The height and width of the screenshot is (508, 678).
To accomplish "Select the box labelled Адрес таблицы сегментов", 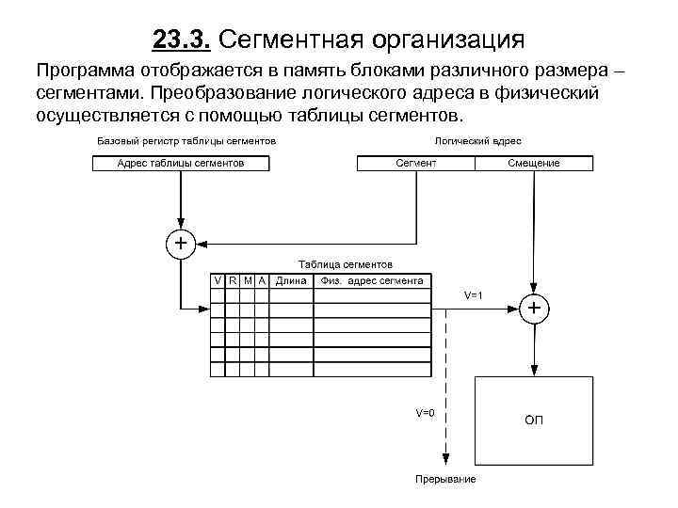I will point(181,163).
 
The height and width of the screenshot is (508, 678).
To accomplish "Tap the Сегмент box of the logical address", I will point(415,163).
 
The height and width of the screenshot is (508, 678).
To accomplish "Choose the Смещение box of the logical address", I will point(534,163).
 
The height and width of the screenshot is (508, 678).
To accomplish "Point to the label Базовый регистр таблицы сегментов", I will point(186,140).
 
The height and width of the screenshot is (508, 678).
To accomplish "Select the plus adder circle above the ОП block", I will point(534,308).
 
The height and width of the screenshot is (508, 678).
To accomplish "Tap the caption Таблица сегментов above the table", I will point(345,264).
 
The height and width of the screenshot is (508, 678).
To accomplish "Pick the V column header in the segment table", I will point(218,280).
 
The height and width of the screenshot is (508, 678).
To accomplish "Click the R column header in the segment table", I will point(233,280).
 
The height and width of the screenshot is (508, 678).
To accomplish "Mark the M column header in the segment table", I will point(248,280).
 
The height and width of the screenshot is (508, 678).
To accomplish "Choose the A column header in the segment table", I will point(262,280).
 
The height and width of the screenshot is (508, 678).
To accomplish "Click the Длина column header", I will point(291,280).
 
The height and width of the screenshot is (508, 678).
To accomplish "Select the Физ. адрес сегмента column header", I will point(373,280).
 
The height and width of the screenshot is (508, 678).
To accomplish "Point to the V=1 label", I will point(474,295).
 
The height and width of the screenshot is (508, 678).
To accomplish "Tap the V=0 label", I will point(426,412).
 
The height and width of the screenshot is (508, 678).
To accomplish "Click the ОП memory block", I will point(534,419).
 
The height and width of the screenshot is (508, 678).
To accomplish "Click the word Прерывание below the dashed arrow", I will point(446,480).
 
